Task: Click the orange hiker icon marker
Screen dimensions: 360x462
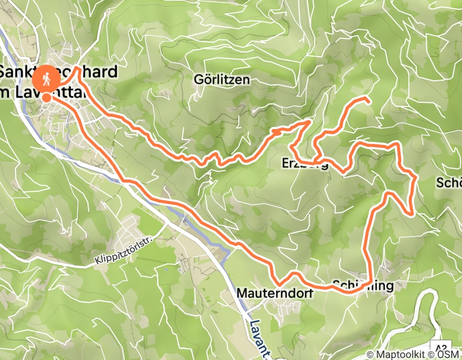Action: [x=46, y=80]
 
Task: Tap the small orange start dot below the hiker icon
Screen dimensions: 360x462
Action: [x=46, y=97]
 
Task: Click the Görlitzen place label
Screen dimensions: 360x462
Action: [x=222, y=80]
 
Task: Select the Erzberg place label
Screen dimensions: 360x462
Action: [x=305, y=164]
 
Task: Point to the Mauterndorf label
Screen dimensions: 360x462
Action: [x=268, y=293]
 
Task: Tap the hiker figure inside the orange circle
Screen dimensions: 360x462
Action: [x=46, y=79]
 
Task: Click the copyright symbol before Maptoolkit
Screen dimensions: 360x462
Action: [x=370, y=354]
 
